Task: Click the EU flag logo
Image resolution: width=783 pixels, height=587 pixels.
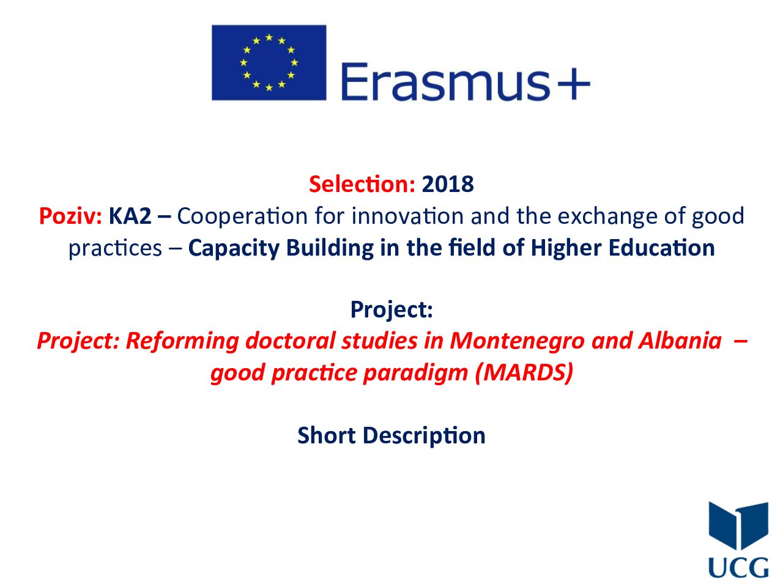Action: (x=269, y=62)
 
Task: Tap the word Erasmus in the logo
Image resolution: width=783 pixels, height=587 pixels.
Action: (x=445, y=81)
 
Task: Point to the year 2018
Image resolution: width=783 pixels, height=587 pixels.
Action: (x=448, y=184)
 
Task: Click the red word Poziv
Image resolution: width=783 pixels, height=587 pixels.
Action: (x=70, y=216)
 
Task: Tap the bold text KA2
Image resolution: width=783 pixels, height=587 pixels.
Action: (x=130, y=216)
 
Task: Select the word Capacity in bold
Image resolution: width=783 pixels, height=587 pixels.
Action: (x=233, y=249)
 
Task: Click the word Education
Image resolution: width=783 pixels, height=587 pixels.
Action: (x=661, y=248)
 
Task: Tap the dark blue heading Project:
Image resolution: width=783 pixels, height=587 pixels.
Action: (x=391, y=309)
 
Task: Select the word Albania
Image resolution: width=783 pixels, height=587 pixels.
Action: (x=680, y=341)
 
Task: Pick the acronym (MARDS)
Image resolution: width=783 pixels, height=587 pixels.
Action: (x=524, y=372)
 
